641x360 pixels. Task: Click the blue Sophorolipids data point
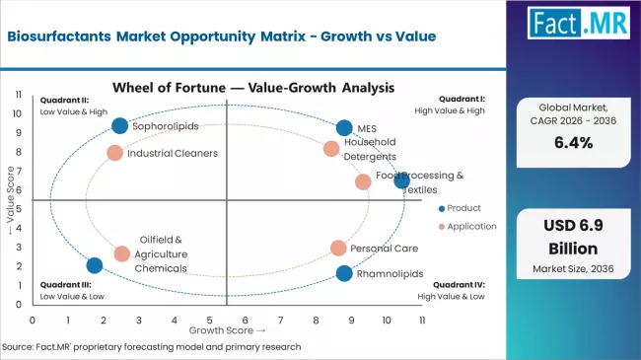click(x=119, y=125)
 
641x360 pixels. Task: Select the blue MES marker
click(x=343, y=128)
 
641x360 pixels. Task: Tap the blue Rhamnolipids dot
click(x=343, y=273)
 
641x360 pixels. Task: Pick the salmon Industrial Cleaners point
click(x=114, y=153)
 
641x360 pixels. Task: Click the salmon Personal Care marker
click(x=338, y=249)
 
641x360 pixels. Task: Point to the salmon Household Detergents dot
click(x=331, y=149)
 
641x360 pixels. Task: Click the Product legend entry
click(x=461, y=207)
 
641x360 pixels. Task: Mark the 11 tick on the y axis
click(x=19, y=95)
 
